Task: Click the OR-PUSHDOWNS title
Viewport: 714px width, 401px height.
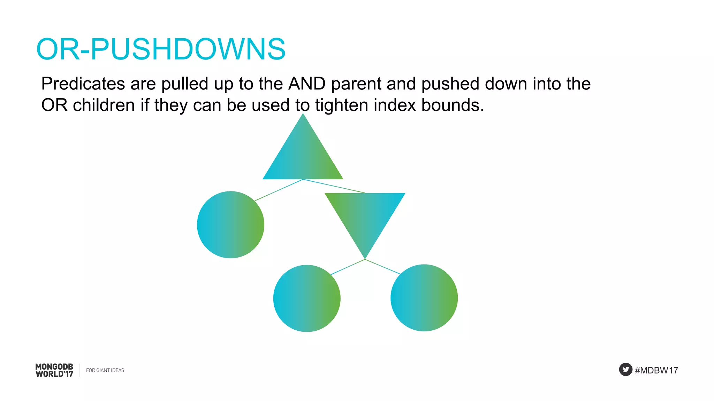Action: pos(161,49)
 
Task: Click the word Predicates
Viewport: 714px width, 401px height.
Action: pos(83,84)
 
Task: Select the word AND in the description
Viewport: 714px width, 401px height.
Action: pos(307,84)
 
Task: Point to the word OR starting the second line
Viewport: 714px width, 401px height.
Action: pos(54,105)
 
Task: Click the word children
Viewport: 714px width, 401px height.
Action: pos(104,105)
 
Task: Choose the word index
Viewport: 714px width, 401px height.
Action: pos(395,105)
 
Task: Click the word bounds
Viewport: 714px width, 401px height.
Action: pos(452,105)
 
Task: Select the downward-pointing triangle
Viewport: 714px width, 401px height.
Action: pos(365,216)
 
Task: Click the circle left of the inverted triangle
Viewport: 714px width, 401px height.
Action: pos(230,225)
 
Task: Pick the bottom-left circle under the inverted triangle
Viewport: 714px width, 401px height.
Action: pos(307,298)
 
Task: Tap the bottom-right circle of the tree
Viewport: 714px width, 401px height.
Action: pos(424,298)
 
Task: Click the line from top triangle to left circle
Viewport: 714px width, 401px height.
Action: pos(279,190)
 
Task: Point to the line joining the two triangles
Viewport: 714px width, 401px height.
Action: pos(334,186)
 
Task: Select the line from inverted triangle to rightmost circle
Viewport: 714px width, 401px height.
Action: pos(382,267)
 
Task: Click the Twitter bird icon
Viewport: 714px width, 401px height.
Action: pos(625,369)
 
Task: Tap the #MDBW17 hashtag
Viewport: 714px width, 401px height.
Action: pos(656,370)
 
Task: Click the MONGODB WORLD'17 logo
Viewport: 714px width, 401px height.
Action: pos(54,370)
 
